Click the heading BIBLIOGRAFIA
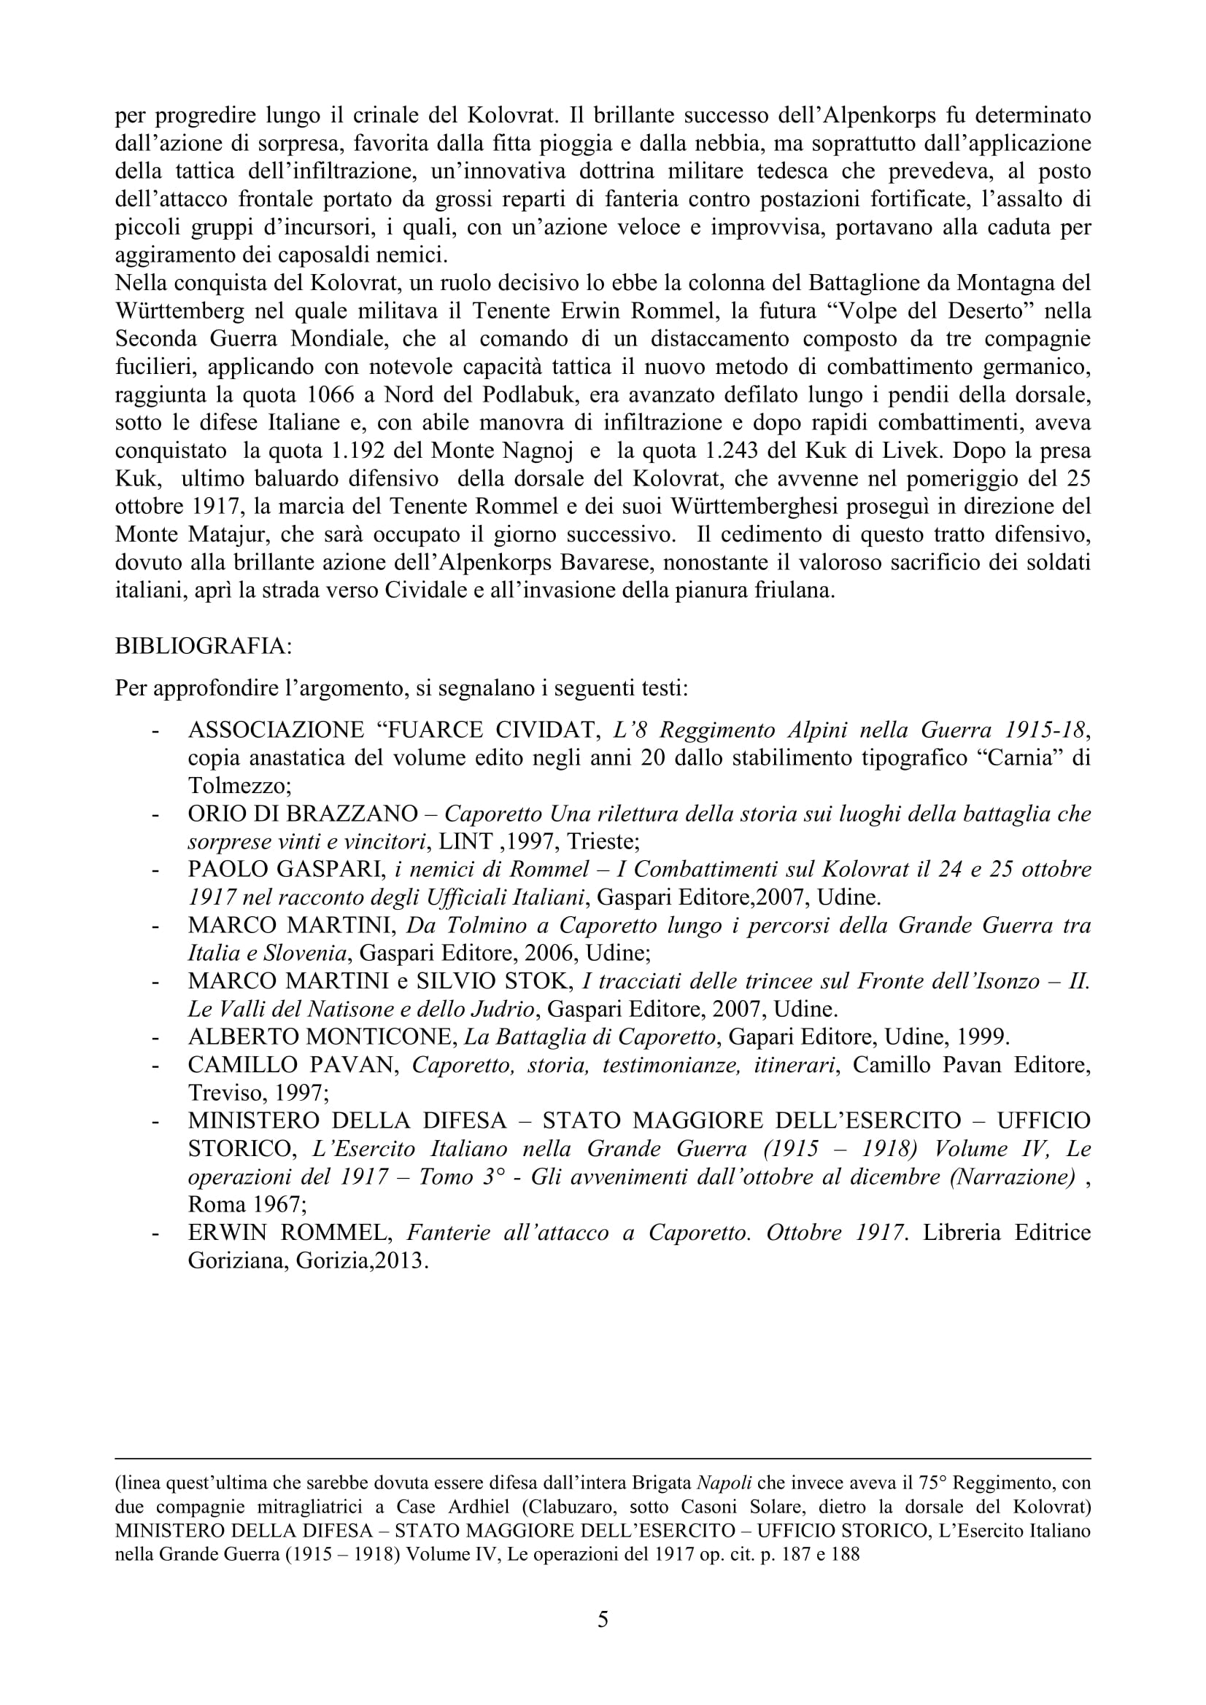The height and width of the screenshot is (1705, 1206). [x=204, y=646]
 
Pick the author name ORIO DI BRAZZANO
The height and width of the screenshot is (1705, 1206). [x=304, y=814]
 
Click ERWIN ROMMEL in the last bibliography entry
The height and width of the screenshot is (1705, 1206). [x=290, y=1232]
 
